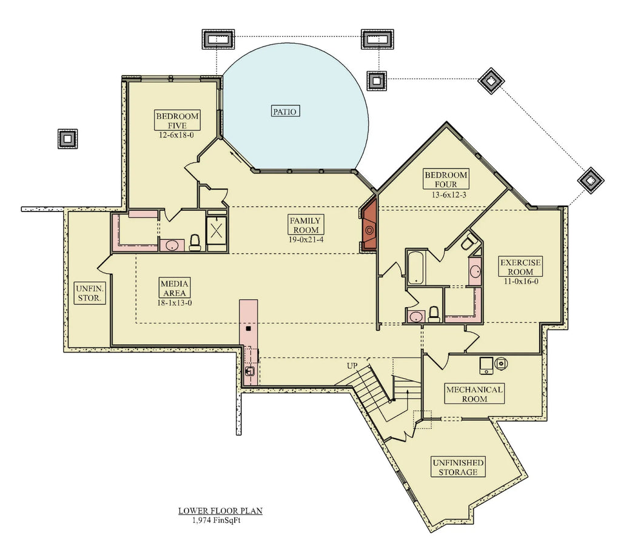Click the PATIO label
click(285, 111)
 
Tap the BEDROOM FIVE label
click(178, 121)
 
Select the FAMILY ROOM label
click(305, 225)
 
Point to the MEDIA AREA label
click(175, 288)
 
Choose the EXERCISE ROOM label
click(520, 267)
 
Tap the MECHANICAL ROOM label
click(474, 394)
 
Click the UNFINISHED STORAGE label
click(458, 467)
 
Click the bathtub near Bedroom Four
click(416, 267)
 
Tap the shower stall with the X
click(216, 230)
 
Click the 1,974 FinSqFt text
click(217, 520)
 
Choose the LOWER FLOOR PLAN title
click(220, 511)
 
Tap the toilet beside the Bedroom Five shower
click(195, 242)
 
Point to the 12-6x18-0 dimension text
click(178, 136)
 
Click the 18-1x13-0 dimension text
click(175, 303)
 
